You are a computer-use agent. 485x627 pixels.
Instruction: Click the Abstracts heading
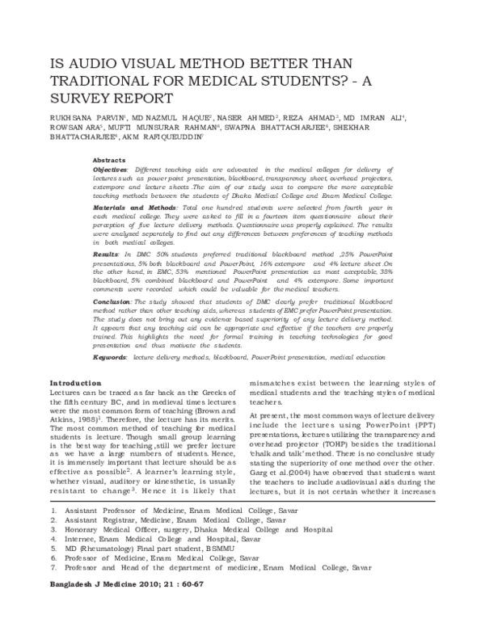[109, 160]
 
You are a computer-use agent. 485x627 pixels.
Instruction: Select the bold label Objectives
[110, 170]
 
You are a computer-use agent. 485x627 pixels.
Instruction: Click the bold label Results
[106, 254]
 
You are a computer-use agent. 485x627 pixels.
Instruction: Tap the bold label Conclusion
[112, 301]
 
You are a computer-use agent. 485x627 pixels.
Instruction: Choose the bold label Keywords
[110, 356]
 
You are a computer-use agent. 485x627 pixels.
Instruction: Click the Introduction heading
[76, 382]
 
